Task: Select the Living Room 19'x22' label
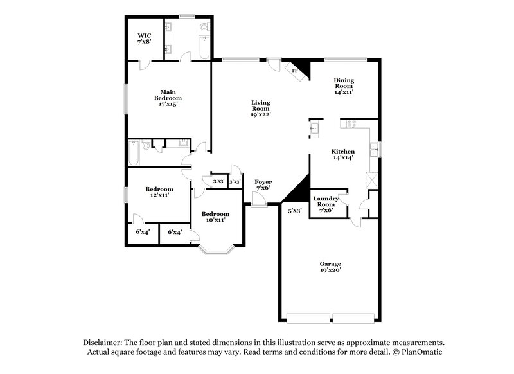(260, 108)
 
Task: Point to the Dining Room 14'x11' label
(344, 85)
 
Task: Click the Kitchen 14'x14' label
(343, 155)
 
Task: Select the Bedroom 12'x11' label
(159, 192)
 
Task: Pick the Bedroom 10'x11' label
(214, 217)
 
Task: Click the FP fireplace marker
(296, 70)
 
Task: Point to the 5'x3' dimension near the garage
(294, 210)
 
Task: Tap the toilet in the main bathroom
(204, 27)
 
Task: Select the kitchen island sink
(315, 129)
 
